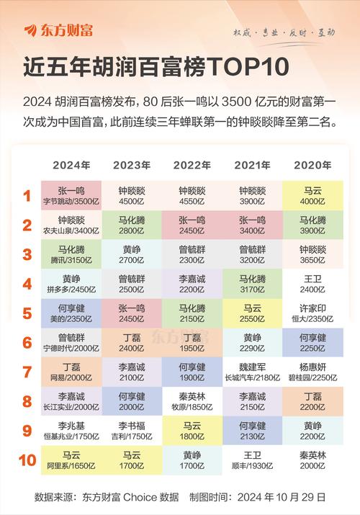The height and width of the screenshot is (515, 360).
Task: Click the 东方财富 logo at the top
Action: [58, 30]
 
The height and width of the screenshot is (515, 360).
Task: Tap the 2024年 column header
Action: [72, 165]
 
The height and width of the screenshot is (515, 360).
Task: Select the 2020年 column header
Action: [312, 165]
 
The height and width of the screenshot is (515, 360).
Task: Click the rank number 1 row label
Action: [27, 196]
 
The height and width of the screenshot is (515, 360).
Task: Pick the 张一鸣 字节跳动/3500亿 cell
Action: [72, 196]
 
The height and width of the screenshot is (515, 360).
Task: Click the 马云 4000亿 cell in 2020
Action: [312, 196]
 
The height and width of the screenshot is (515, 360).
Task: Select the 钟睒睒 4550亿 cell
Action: [192, 196]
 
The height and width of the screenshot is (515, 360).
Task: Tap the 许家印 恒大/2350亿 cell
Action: [312, 313]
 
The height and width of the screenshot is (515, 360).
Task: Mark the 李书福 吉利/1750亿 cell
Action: [132, 431]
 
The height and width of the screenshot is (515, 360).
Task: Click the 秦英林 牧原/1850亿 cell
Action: [192, 401]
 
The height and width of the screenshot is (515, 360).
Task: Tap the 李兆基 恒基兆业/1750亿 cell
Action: [72, 431]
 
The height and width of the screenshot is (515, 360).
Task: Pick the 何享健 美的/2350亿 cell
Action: [72, 313]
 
